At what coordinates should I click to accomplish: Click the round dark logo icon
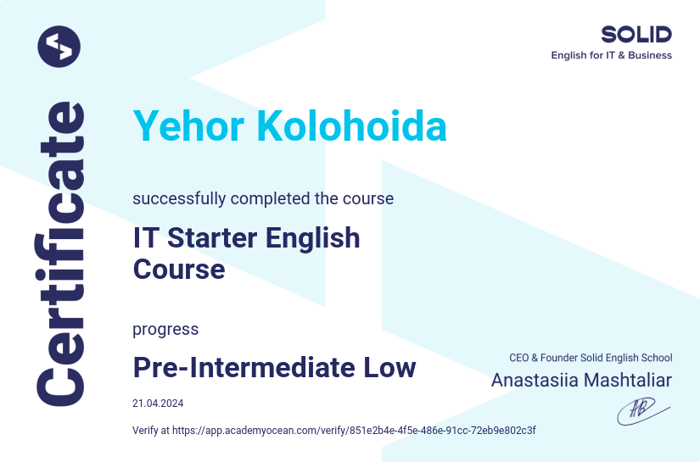click(x=59, y=46)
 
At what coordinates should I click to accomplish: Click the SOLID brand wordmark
click(x=636, y=34)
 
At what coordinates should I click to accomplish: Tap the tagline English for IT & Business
click(x=611, y=56)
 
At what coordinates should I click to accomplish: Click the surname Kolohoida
click(x=351, y=127)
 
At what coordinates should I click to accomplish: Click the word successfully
click(x=179, y=199)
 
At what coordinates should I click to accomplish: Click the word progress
click(x=165, y=329)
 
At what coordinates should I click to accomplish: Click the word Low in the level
click(x=389, y=368)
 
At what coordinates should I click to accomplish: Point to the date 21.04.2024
click(x=158, y=404)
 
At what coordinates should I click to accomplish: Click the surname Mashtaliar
click(x=628, y=380)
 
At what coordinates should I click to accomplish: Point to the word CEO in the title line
click(x=518, y=359)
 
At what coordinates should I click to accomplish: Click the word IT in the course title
click(x=147, y=238)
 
